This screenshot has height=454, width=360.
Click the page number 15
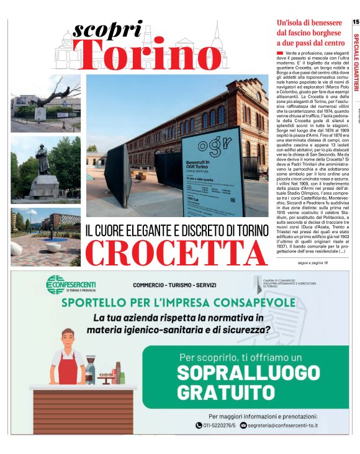pos(355,22)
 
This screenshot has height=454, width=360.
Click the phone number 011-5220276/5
pos(215,425)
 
